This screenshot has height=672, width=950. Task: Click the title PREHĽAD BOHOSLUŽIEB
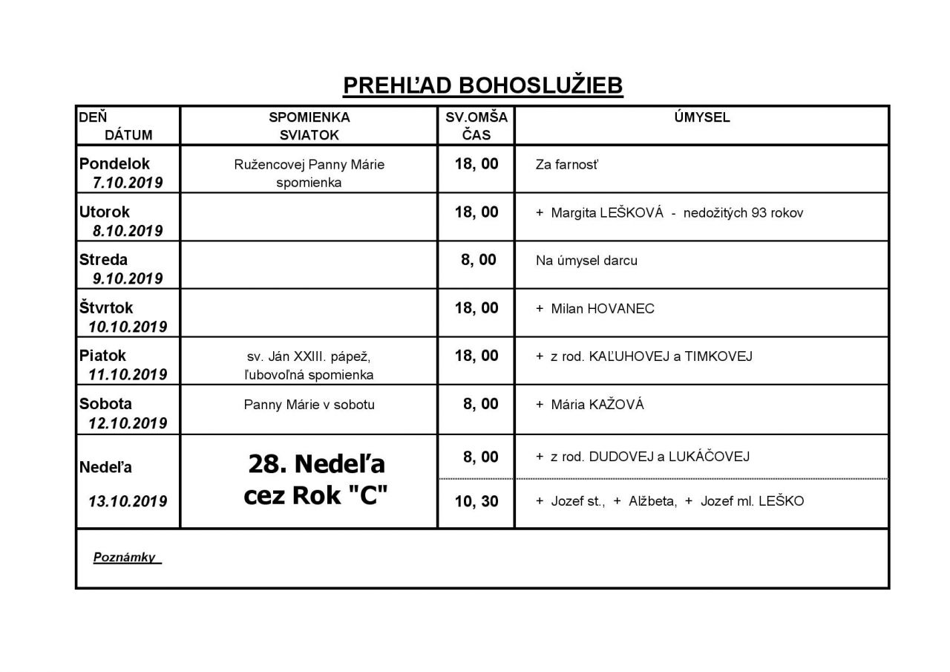click(482, 85)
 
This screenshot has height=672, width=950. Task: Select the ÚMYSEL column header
click(701, 117)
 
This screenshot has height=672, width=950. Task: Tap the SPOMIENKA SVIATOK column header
click(309, 126)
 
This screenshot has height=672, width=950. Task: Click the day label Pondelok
click(114, 163)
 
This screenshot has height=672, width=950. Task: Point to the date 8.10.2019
click(128, 231)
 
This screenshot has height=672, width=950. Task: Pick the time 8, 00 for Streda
click(479, 260)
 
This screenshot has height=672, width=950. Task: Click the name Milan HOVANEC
click(602, 309)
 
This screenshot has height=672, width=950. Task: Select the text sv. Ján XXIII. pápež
click(309, 356)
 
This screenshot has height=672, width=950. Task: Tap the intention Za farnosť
click(566, 165)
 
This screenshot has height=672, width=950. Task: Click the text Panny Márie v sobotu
click(309, 405)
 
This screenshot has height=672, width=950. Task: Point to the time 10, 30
click(476, 501)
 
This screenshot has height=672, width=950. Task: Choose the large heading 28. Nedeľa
click(316, 464)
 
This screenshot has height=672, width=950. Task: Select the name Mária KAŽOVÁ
click(597, 405)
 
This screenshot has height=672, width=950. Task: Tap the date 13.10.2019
click(128, 501)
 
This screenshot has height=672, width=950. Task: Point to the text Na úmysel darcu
click(586, 261)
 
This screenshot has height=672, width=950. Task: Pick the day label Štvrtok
click(106, 307)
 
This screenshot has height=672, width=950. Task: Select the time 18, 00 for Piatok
click(476, 356)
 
